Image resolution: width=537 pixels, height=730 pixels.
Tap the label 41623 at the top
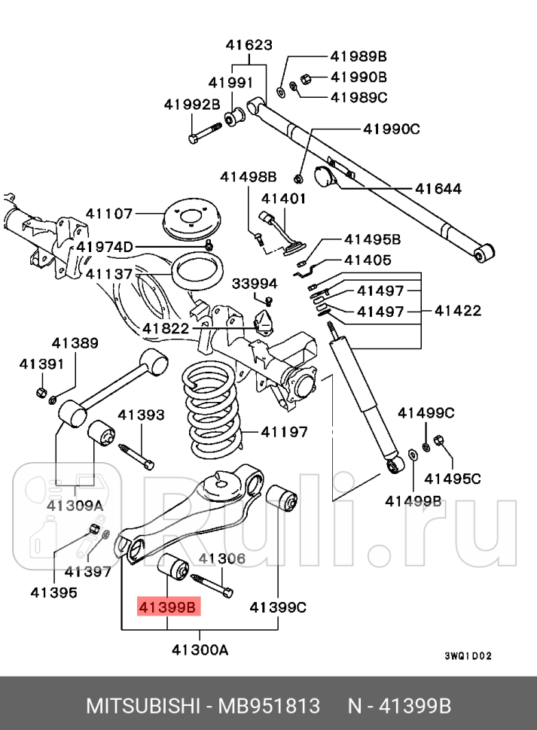[249, 45]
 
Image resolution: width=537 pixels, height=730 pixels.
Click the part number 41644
[437, 189]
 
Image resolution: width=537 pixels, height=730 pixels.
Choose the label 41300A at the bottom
[200, 649]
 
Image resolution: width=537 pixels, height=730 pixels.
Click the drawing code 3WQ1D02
[468, 655]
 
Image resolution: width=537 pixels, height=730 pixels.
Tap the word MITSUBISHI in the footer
[142, 707]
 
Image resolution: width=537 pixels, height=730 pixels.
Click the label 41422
[456, 310]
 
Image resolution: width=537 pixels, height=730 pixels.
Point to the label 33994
[254, 284]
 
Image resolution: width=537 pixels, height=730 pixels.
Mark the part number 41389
[75, 343]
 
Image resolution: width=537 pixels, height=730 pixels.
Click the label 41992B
[192, 105]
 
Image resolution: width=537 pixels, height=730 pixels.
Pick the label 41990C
[392, 129]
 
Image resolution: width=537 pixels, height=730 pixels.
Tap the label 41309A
[75, 505]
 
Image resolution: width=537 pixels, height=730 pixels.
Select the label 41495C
[452, 478]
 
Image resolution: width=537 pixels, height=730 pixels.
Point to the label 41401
[283, 199]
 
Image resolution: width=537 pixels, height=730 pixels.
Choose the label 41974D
[104, 247]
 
